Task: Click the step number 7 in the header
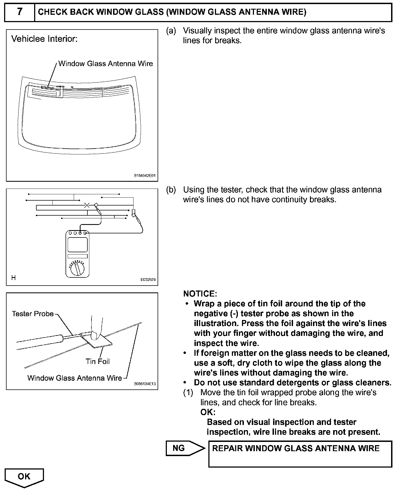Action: (x=20, y=12)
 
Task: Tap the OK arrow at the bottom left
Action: (x=24, y=477)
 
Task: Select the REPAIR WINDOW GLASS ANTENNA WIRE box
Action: (x=300, y=454)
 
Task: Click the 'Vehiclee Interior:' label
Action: (x=45, y=39)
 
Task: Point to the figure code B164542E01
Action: (x=144, y=176)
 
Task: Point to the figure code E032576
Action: (x=148, y=280)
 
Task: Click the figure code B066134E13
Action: (x=145, y=384)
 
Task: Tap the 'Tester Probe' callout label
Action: (x=33, y=314)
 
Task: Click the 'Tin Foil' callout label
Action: (x=97, y=362)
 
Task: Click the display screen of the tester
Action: (x=78, y=245)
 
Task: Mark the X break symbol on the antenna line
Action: (x=87, y=205)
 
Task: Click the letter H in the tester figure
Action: (x=13, y=278)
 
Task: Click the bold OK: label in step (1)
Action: (x=208, y=412)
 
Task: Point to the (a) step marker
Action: (x=171, y=31)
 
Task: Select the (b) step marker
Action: (x=171, y=190)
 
